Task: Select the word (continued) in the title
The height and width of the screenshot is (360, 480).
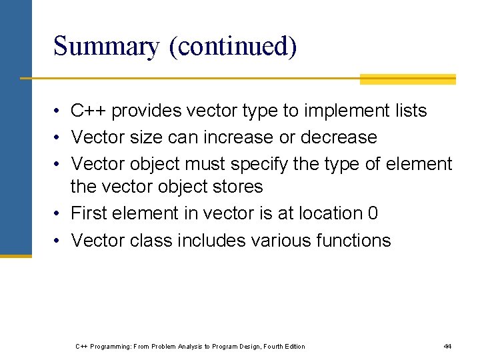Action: coord(233,47)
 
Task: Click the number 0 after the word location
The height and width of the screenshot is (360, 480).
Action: coord(373,213)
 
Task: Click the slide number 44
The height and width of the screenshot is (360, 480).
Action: coord(447,346)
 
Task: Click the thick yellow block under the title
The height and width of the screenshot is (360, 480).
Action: coord(407,79)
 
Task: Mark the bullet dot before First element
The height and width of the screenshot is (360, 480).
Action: coord(59,214)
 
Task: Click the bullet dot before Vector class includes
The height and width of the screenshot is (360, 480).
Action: coord(59,241)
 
